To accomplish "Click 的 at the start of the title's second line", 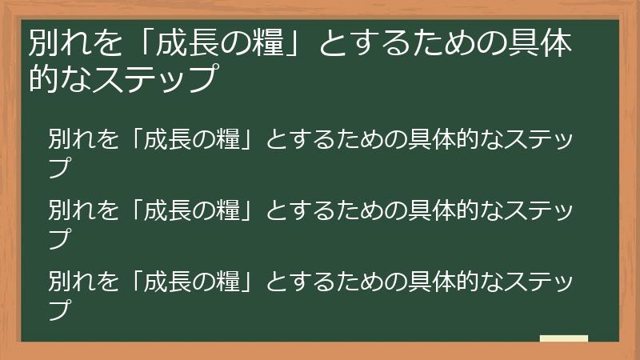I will (x=42, y=78).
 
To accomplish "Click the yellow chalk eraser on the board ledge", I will (x=563, y=338).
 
